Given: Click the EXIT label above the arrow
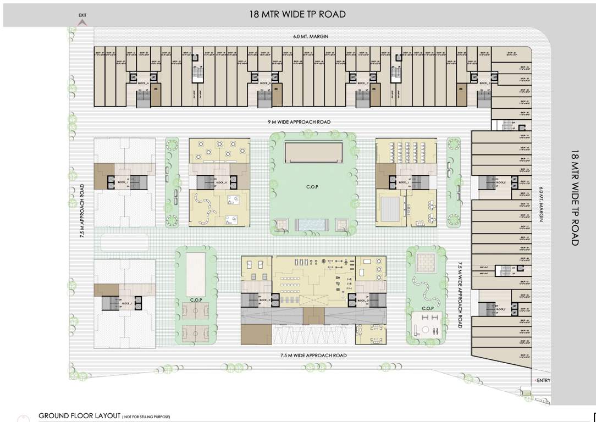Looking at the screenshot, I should click(x=82, y=15).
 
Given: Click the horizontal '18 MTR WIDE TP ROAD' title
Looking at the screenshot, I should click(x=297, y=14).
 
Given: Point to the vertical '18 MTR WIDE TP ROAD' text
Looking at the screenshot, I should click(x=575, y=198).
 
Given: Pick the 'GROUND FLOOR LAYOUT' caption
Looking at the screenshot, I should click(x=79, y=416).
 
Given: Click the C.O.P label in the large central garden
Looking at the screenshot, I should click(x=312, y=187).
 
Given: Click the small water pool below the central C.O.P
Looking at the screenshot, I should click(x=312, y=224).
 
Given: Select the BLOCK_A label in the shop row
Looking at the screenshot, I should click(x=144, y=83).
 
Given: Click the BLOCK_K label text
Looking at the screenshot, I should click(x=222, y=182).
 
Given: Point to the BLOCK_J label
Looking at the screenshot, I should click(x=122, y=182).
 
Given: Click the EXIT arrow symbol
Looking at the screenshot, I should click(x=82, y=23).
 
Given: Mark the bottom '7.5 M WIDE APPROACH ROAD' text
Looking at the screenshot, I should click(x=313, y=356).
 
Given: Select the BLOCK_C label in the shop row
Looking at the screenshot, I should click(x=363, y=83).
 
